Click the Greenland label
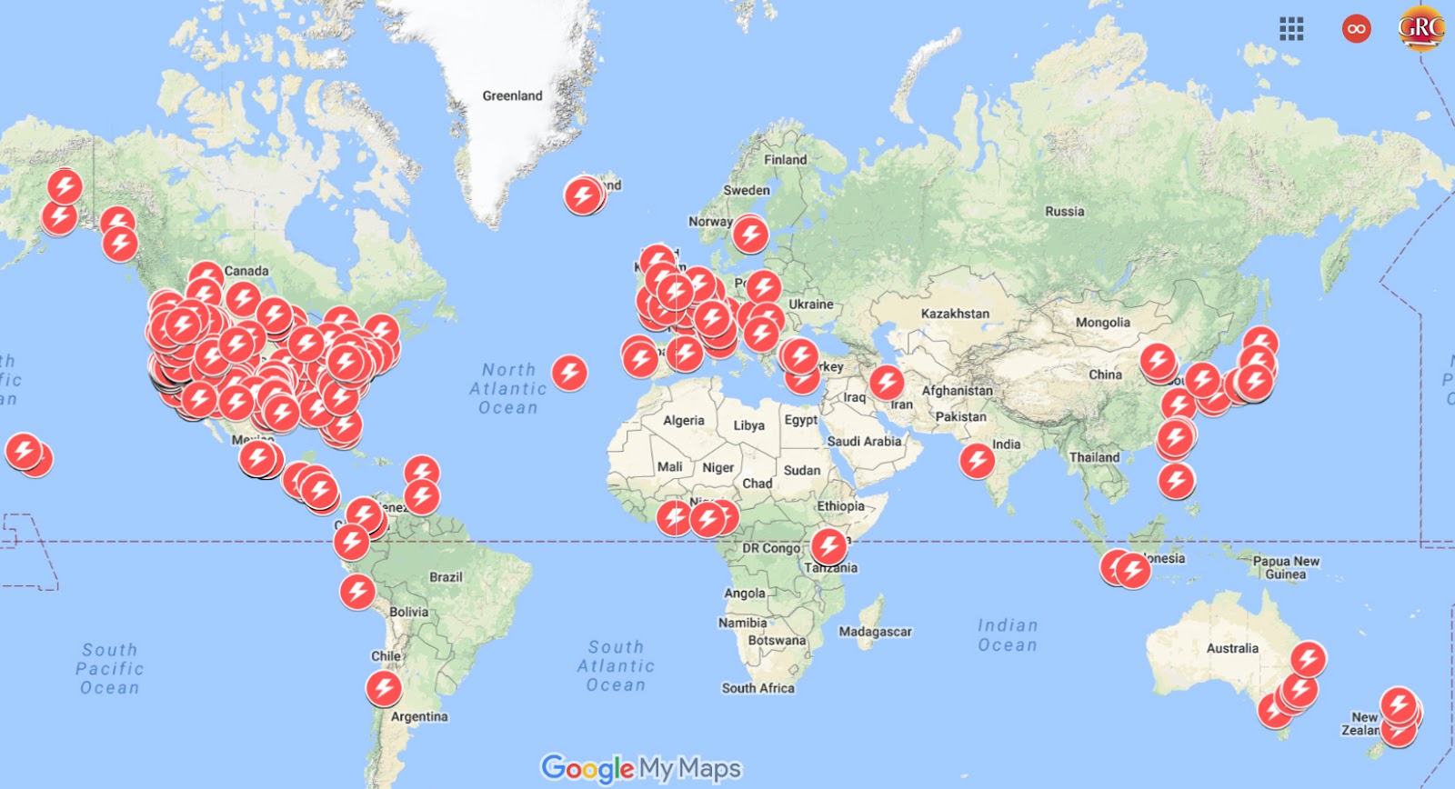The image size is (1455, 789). (512, 95)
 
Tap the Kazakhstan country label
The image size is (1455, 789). (955, 314)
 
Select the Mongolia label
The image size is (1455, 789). (1102, 323)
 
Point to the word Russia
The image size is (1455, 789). (1064, 212)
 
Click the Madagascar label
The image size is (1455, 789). (875, 632)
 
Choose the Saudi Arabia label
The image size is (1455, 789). (864, 442)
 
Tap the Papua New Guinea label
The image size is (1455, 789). (1286, 567)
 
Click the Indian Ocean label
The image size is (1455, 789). (1008, 635)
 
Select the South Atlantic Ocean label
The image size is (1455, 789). (616, 665)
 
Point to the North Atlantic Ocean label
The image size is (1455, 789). (508, 389)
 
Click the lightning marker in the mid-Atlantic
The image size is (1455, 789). (569, 372)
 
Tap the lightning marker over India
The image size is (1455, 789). (978, 460)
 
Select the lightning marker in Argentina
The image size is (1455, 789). (384, 687)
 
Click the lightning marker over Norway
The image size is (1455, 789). (750, 234)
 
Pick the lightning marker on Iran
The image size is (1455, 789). (887, 382)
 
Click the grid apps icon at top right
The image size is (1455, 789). (1291, 29)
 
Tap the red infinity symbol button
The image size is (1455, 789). (1356, 29)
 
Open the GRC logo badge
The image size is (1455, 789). (1420, 28)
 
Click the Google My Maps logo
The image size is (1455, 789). (641, 769)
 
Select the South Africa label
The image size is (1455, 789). (758, 688)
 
